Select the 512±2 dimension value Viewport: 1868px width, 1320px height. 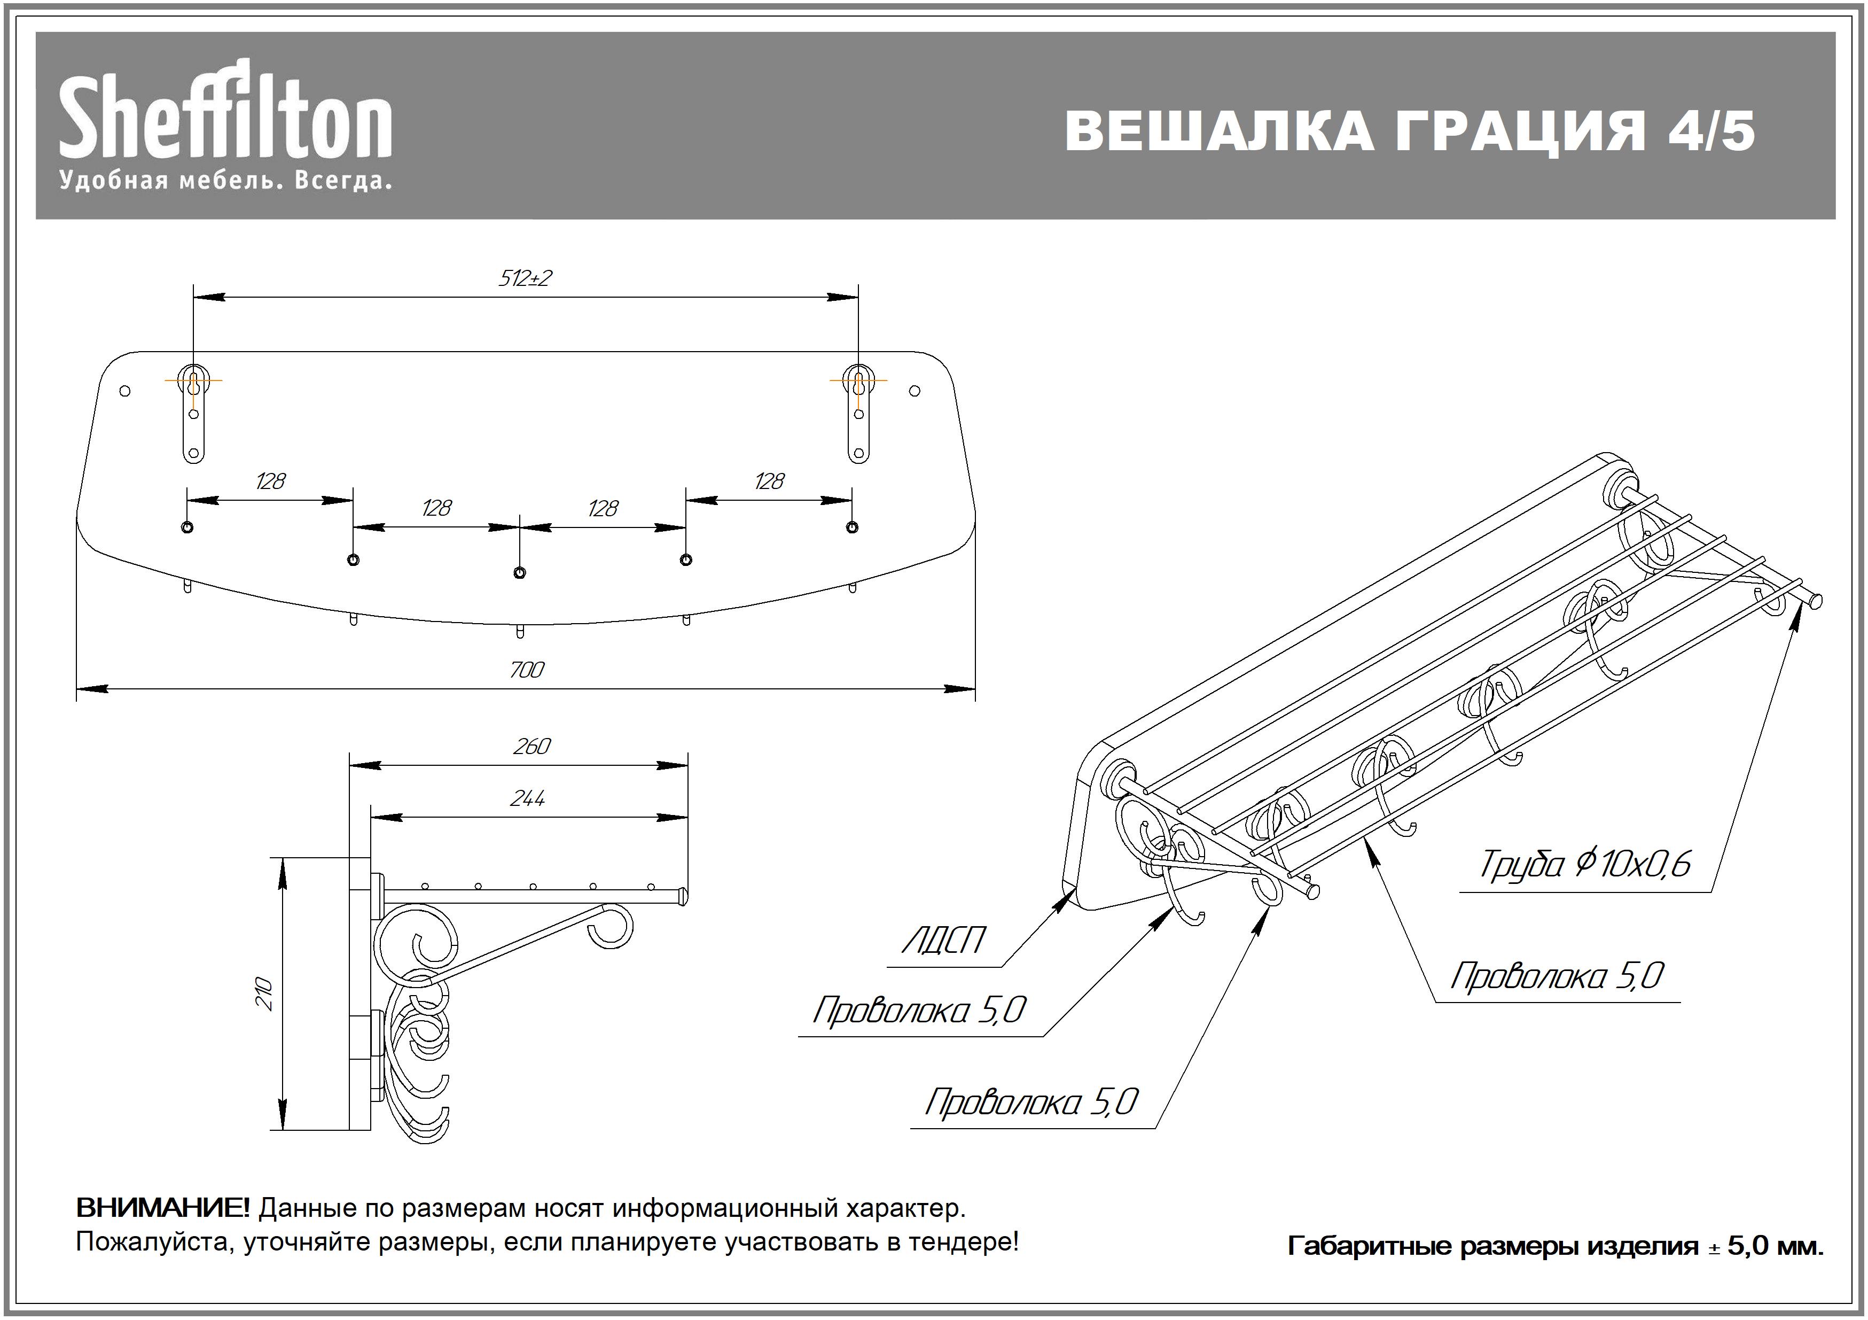(525, 279)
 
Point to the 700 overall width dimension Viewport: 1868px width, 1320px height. (526, 670)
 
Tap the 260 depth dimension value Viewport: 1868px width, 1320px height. (532, 746)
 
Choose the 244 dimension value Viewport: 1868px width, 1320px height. (527, 798)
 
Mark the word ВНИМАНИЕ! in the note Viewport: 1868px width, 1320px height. (163, 1208)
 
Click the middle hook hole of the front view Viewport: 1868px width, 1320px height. (520, 573)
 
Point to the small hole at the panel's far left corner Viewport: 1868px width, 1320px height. (124, 391)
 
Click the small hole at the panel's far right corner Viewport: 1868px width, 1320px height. (915, 391)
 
